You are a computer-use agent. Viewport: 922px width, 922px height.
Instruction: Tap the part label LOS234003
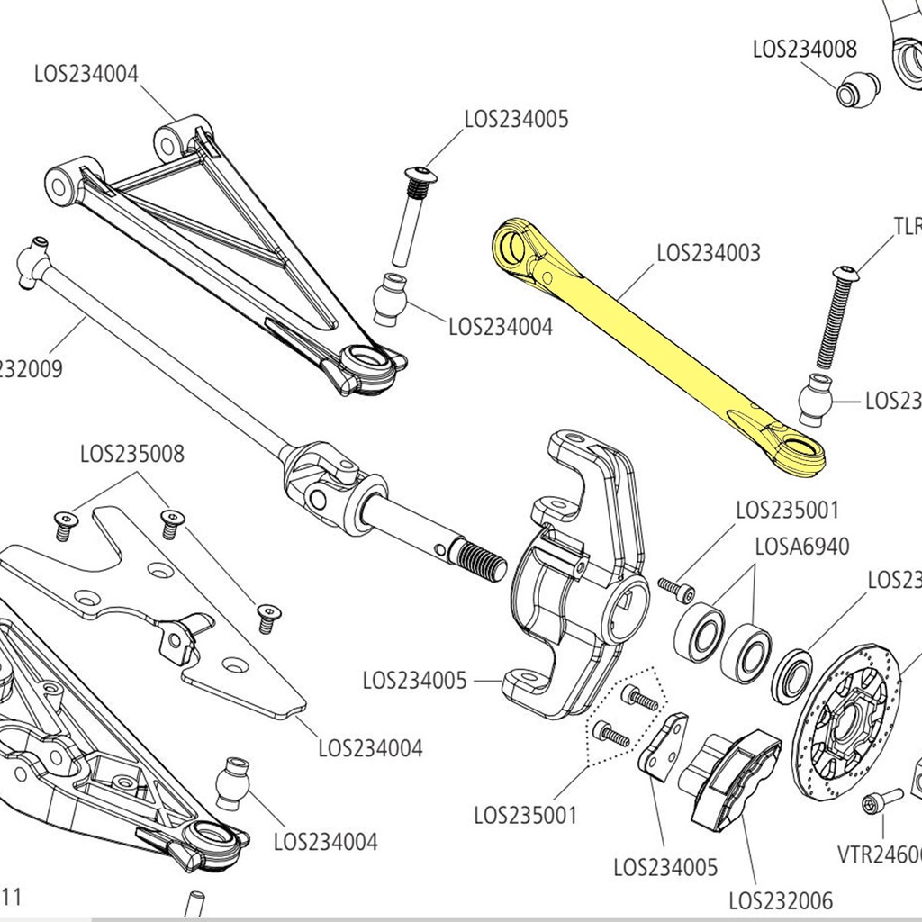[x=708, y=253]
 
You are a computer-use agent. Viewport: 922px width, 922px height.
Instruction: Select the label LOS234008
[x=805, y=49]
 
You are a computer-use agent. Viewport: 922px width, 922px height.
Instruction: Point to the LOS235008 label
[x=132, y=454]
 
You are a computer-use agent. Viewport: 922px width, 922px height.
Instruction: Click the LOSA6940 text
[x=801, y=547]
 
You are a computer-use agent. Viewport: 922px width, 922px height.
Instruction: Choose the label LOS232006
[x=781, y=899]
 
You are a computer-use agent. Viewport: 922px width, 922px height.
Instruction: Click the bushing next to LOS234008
[x=858, y=88]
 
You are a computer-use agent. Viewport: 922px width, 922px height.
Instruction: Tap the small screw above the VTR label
[x=880, y=800]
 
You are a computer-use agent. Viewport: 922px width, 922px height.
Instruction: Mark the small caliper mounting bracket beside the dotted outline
[x=664, y=746]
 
